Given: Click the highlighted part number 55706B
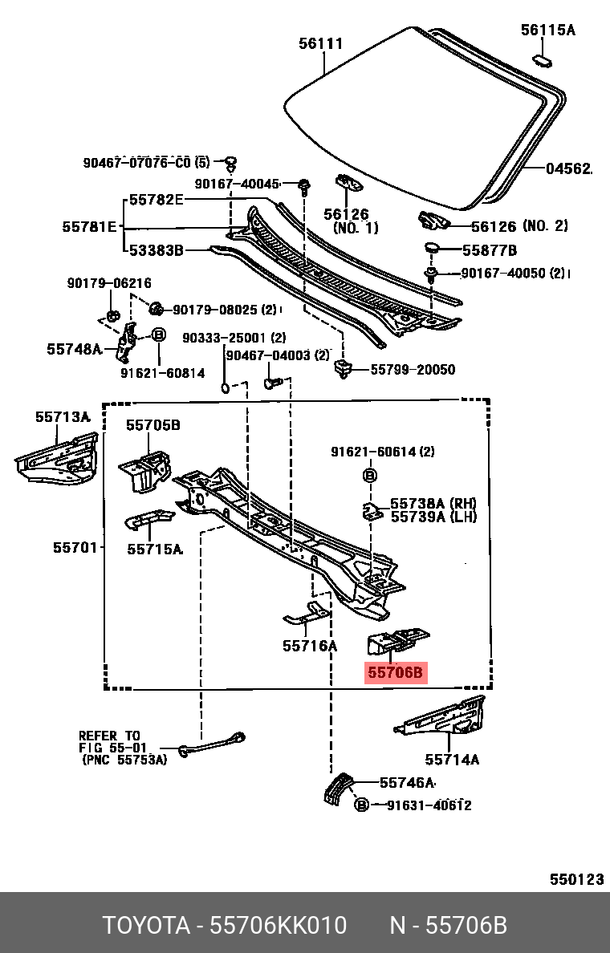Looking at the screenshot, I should (396, 673).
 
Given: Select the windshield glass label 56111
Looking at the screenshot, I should (321, 44).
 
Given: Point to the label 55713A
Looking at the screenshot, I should (62, 417).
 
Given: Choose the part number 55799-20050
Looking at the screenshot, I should (413, 370).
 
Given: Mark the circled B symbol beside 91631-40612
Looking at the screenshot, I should (362, 805).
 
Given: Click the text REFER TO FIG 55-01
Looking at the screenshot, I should (109, 741).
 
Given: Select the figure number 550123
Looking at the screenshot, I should (576, 879).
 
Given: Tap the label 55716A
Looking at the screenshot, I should (310, 645).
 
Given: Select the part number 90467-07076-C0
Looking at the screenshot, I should (136, 163).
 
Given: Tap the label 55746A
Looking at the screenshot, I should (407, 783).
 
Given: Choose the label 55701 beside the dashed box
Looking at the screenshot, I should (75, 548).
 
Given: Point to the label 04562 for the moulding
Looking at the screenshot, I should (568, 169).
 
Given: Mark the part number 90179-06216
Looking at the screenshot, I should (108, 284).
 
